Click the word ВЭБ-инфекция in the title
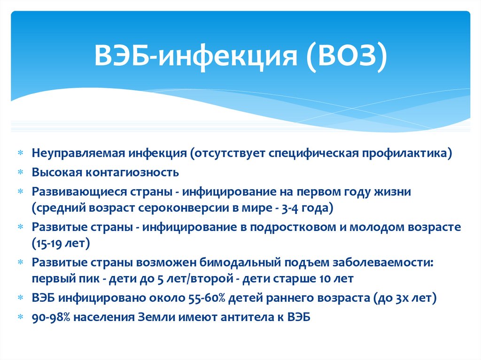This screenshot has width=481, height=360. click(x=195, y=56)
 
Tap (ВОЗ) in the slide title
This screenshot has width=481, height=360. click(x=346, y=57)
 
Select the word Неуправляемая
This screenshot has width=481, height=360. click(x=78, y=153)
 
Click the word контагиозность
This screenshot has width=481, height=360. click(x=132, y=172)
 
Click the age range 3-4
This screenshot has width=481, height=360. click(x=289, y=208)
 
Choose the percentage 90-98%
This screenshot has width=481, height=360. click(x=51, y=317)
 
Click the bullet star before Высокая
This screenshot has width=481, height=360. click(x=21, y=172)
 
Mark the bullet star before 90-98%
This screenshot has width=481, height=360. click(x=21, y=317)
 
